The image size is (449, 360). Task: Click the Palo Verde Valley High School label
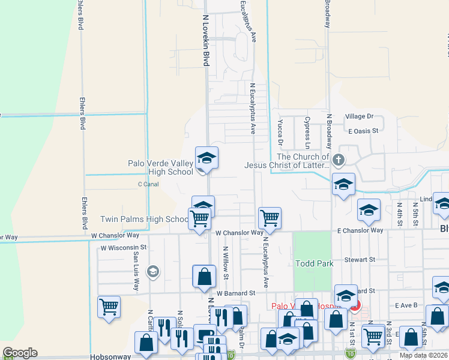(161, 167)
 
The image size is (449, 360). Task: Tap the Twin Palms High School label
(145, 220)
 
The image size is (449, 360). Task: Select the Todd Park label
(313, 263)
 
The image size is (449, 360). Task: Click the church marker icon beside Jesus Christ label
(339, 160)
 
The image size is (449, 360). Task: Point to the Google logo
(20, 353)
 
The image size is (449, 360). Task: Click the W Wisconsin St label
(124, 247)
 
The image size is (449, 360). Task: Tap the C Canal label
(148, 184)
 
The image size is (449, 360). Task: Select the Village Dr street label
(359, 116)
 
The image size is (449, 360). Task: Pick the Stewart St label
(360, 260)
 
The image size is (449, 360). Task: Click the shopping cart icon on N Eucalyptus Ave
(270, 218)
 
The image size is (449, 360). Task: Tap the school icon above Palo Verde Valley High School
(206, 158)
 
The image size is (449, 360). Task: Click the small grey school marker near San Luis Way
(152, 272)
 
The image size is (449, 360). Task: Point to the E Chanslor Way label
(360, 230)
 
